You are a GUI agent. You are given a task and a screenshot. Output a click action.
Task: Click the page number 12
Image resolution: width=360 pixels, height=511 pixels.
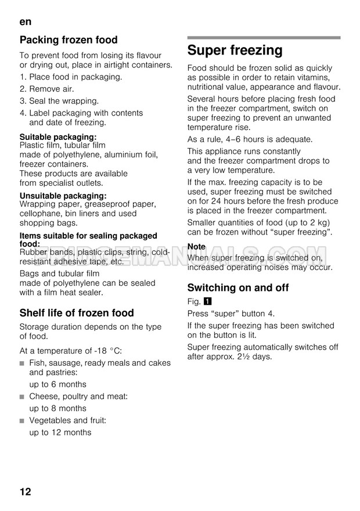[26, 491]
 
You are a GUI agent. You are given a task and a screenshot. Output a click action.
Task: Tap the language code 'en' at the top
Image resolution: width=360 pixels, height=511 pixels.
[25, 21]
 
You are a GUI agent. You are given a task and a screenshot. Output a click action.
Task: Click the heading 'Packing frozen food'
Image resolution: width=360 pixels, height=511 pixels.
[69, 40]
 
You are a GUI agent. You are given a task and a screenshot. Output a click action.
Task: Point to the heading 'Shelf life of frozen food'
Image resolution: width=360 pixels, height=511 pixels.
[77, 312]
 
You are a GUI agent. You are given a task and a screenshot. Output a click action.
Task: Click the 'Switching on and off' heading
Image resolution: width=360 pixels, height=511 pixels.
[238, 287]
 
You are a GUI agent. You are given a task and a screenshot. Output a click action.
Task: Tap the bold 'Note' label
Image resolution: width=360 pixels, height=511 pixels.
[196, 247]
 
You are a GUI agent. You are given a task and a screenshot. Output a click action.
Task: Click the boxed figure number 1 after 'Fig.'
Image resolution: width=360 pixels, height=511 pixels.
[208, 302]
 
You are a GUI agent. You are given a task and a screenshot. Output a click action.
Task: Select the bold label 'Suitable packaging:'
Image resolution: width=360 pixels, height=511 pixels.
[58, 137]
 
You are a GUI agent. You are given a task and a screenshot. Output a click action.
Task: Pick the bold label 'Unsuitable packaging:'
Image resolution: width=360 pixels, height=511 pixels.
[63, 196]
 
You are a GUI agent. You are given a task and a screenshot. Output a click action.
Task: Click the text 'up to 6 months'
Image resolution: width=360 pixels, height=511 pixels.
[57, 384]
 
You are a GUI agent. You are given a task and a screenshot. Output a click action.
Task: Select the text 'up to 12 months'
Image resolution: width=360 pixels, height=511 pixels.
[60, 432]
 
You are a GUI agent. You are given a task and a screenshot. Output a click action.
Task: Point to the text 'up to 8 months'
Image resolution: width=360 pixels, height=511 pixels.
[57, 408]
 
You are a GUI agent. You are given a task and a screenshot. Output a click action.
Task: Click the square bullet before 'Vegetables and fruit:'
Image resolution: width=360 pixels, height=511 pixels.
[22, 420]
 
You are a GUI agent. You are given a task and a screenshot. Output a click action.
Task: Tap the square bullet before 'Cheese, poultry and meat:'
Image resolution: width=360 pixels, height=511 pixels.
[22, 397]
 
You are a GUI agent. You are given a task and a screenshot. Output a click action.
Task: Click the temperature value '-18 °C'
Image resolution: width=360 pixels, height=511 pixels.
[106, 350]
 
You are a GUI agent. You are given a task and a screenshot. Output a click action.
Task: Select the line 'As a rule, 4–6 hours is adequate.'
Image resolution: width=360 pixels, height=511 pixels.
[250, 139]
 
